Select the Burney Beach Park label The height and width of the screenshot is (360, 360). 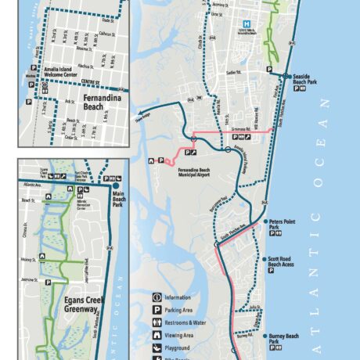coord(284,339)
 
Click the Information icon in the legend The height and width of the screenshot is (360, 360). coord(157,297)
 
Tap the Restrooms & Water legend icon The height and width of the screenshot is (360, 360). coord(157,322)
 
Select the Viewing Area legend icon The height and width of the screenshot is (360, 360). coord(157,335)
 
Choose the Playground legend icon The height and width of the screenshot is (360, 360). coord(157,347)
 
